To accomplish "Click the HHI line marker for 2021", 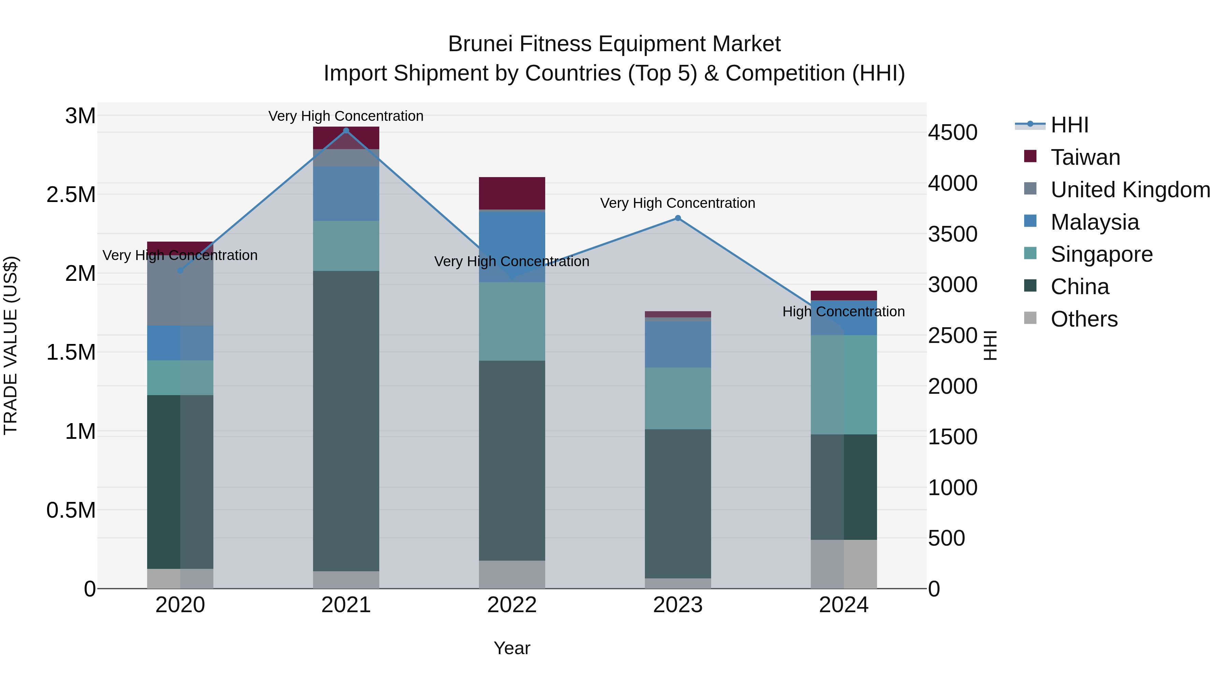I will [x=346, y=131].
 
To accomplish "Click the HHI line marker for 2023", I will [x=677, y=218].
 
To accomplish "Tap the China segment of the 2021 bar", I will [x=346, y=420].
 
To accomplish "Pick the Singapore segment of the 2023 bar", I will [x=677, y=398].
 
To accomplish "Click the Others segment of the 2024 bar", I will [x=844, y=564].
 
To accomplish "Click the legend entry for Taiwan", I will [x=1085, y=157].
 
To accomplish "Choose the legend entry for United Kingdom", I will [x=1130, y=190].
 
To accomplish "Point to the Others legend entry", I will [x=1084, y=319].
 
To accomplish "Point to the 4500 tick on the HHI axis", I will [x=952, y=133].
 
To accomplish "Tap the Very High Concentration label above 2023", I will [x=677, y=203].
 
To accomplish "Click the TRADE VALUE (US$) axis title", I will [x=11, y=345].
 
